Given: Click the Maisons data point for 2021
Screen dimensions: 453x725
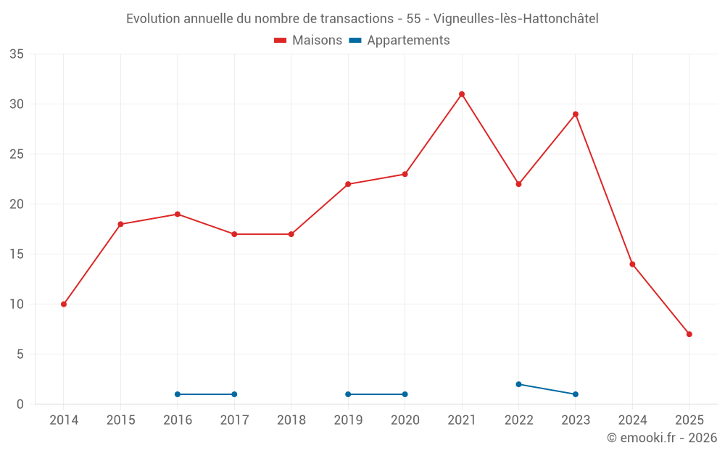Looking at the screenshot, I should (x=462, y=94).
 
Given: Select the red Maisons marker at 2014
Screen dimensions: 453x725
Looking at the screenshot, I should (x=64, y=304).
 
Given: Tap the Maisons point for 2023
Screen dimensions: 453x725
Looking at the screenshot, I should (x=576, y=115).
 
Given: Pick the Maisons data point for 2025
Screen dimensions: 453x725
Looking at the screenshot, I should (x=689, y=334).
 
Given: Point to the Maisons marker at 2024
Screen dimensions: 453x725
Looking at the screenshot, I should (x=632, y=265).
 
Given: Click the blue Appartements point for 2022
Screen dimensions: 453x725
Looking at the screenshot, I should (x=518, y=384).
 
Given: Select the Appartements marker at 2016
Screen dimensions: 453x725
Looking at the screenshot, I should (x=178, y=394).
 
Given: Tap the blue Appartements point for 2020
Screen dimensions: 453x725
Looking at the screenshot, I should (x=405, y=394).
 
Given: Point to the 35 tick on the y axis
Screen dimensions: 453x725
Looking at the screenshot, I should (x=17, y=54).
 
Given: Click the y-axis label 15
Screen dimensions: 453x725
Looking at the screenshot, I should (x=17, y=254).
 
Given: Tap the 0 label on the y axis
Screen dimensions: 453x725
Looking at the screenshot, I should (x=20, y=404).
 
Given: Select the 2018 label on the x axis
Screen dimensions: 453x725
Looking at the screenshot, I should (x=291, y=420).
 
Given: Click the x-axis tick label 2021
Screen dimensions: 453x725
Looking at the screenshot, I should (x=462, y=420).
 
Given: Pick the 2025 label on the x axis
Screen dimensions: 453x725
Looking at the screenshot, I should (x=689, y=420).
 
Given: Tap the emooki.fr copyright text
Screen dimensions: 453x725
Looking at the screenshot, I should (x=662, y=438).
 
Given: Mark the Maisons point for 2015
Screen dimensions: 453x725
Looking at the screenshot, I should (x=120, y=224).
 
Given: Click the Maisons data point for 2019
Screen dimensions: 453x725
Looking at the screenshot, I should (x=348, y=184).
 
